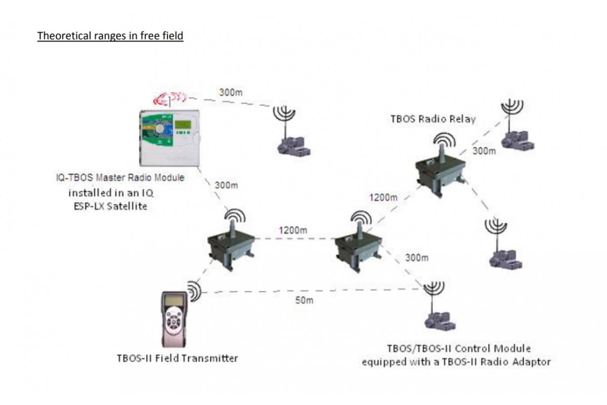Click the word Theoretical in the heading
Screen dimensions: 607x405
(65, 36)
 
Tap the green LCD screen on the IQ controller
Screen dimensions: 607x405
(183, 124)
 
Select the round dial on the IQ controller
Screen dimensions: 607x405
(160, 129)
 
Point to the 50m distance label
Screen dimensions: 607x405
(305, 300)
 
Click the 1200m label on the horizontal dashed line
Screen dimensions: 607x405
(293, 230)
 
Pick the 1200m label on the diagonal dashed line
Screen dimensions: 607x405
(383, 197)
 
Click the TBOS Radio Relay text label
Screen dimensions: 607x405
(433, 119)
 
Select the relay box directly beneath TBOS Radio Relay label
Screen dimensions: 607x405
(441, 171)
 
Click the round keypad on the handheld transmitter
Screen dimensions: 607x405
(174, 321)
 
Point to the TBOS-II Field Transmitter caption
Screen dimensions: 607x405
(177, 358)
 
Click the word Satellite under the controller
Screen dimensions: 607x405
(127, 206)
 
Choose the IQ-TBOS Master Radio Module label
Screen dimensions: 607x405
(120, 178)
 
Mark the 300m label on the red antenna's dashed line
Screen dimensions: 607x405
(231, 93)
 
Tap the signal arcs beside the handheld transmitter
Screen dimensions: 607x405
(195, 292)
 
